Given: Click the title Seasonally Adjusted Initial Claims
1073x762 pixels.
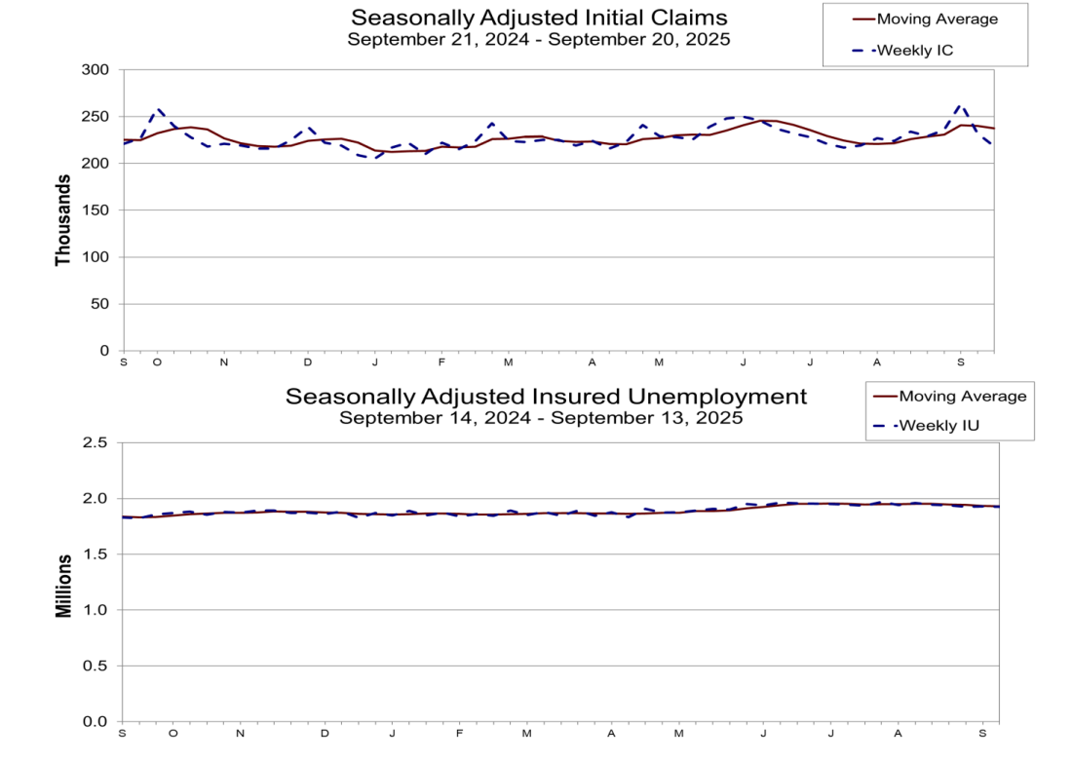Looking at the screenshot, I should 539,19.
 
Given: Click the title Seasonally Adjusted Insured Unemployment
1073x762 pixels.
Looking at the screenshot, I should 546,397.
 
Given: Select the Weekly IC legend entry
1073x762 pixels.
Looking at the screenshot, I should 914,50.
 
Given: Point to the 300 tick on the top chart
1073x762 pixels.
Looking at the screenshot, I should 96,70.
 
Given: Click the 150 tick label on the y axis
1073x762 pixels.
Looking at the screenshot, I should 96,210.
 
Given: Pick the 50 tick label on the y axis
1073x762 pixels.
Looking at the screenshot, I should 99,304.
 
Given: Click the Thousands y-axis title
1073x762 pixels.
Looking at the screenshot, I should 63,220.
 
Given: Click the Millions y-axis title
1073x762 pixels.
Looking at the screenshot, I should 63,586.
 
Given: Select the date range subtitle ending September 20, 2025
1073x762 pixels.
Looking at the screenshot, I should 539,40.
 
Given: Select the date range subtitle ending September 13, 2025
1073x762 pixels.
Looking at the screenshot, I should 541,418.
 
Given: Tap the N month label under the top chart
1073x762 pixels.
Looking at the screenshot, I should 223,362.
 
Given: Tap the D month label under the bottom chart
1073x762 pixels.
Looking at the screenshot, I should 325,733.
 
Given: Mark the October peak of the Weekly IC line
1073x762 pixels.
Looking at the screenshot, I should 159,109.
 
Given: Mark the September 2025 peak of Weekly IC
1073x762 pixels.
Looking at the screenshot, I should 961,104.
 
